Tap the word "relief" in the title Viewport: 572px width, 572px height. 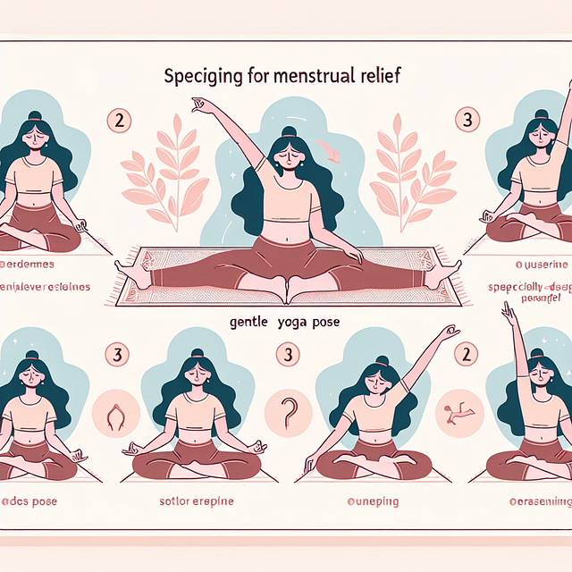click(x=379, y=76)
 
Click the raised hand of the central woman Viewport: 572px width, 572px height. click(x=198, y=105)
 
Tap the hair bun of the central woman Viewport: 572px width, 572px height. click(x=289, y=132)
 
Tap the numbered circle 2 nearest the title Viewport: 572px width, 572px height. click(x=119, y=117)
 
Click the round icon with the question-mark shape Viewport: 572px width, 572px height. click(x=288, y=412)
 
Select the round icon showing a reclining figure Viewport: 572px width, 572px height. click(x=456, y=412)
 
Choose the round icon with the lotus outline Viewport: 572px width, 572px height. click(x=115, y=414)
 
